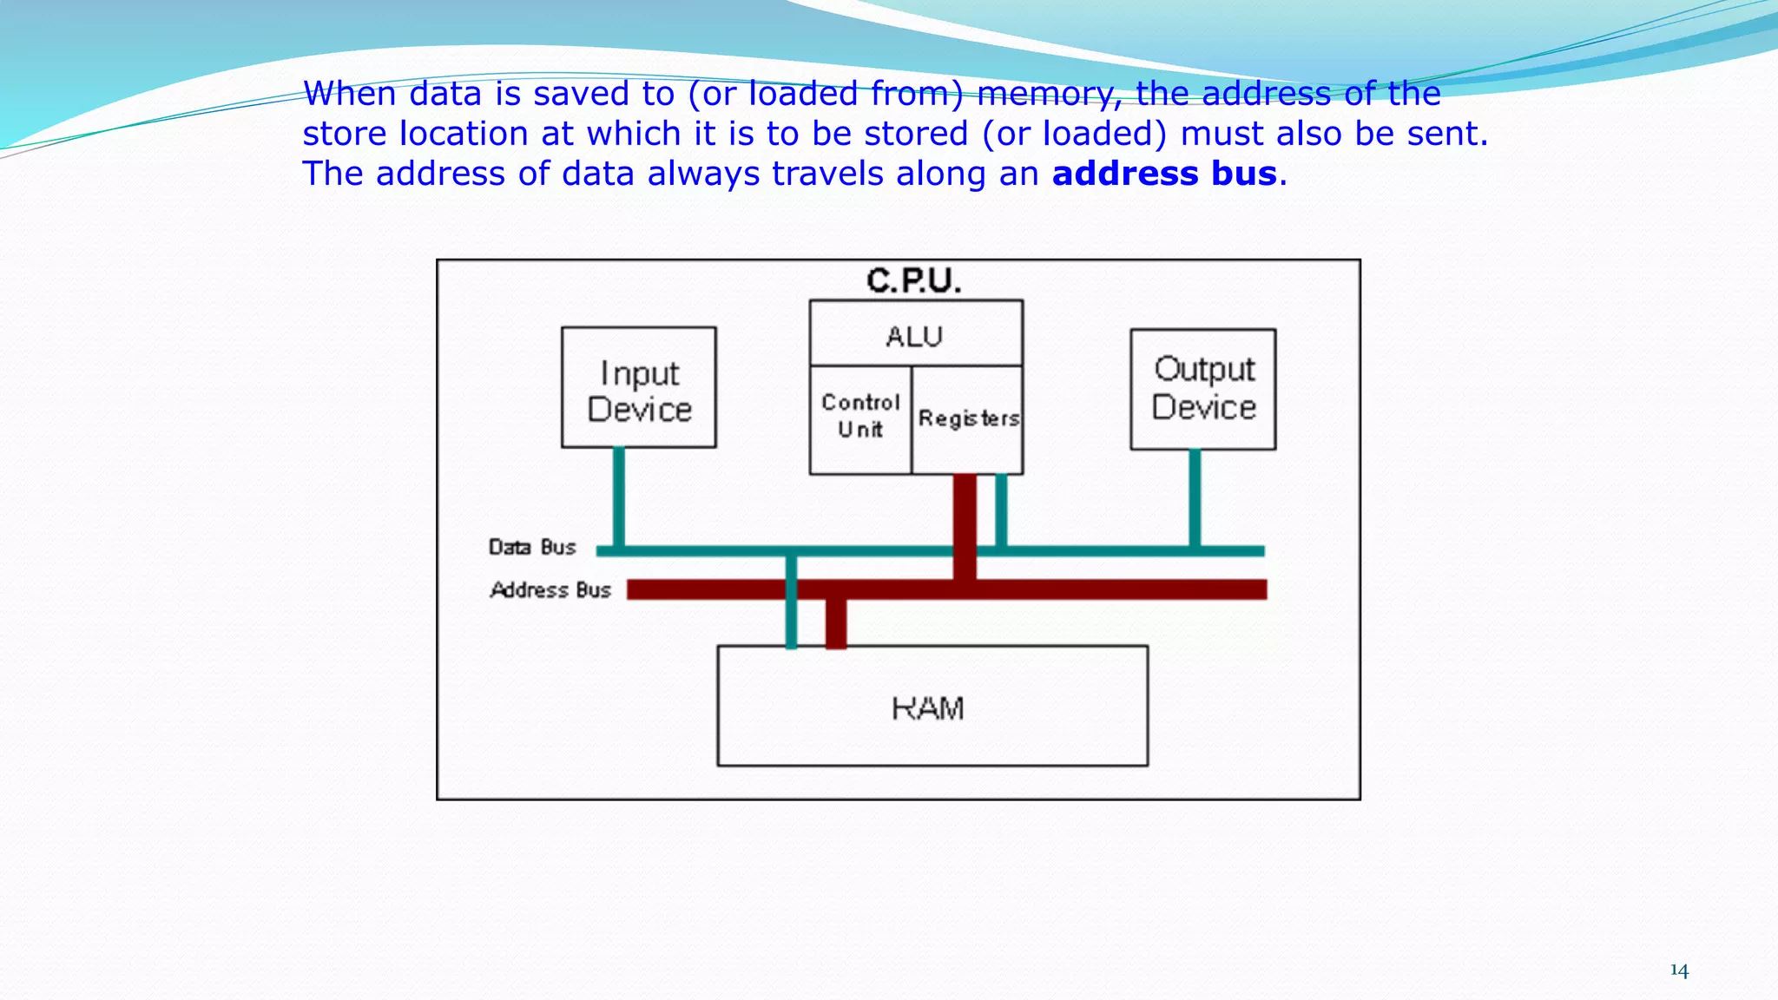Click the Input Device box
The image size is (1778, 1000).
639,388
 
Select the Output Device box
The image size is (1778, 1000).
1203,389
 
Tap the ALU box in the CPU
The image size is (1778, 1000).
915,334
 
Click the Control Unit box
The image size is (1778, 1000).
860,418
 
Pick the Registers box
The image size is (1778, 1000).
968,418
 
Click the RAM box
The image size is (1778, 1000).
932,707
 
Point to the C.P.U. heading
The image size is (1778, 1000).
913,280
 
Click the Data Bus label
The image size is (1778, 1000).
532,547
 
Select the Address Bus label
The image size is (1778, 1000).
550,590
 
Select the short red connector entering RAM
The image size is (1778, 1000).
836,623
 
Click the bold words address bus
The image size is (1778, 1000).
1164,174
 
